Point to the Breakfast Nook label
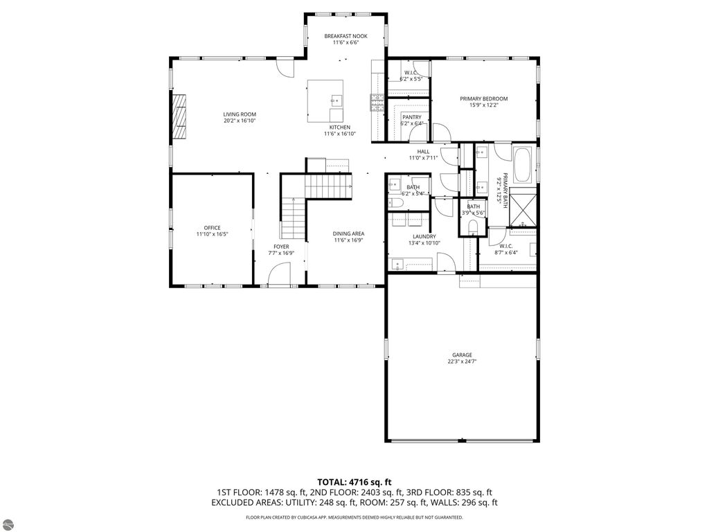[x=345, y=36]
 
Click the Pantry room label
[x=411, y=117]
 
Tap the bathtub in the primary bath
[x=522, y=165]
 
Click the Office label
[x=212, y=228]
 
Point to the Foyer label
[x=281, y=247]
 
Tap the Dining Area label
[x=349, y=233]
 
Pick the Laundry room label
[x=423, y=237]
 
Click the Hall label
[x=423, y=151]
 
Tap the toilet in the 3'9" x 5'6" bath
[x=474, y=227]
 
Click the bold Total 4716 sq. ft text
[x=354, y=481]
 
